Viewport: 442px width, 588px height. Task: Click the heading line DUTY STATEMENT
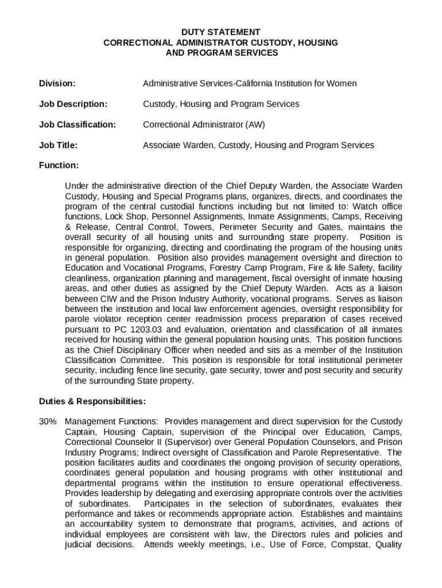221,32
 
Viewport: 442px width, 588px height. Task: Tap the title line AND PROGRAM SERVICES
221,53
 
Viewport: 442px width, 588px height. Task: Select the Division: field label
57,83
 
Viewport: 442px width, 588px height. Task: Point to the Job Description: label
73,104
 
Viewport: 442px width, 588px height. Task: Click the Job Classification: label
77,125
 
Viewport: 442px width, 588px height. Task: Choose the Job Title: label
58,145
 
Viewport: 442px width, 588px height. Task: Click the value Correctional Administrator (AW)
204,125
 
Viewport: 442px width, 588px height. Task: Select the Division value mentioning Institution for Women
250,83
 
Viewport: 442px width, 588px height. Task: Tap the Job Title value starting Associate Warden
258,145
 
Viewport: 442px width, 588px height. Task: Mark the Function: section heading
59,165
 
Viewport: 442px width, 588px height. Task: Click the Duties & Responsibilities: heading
92,401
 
